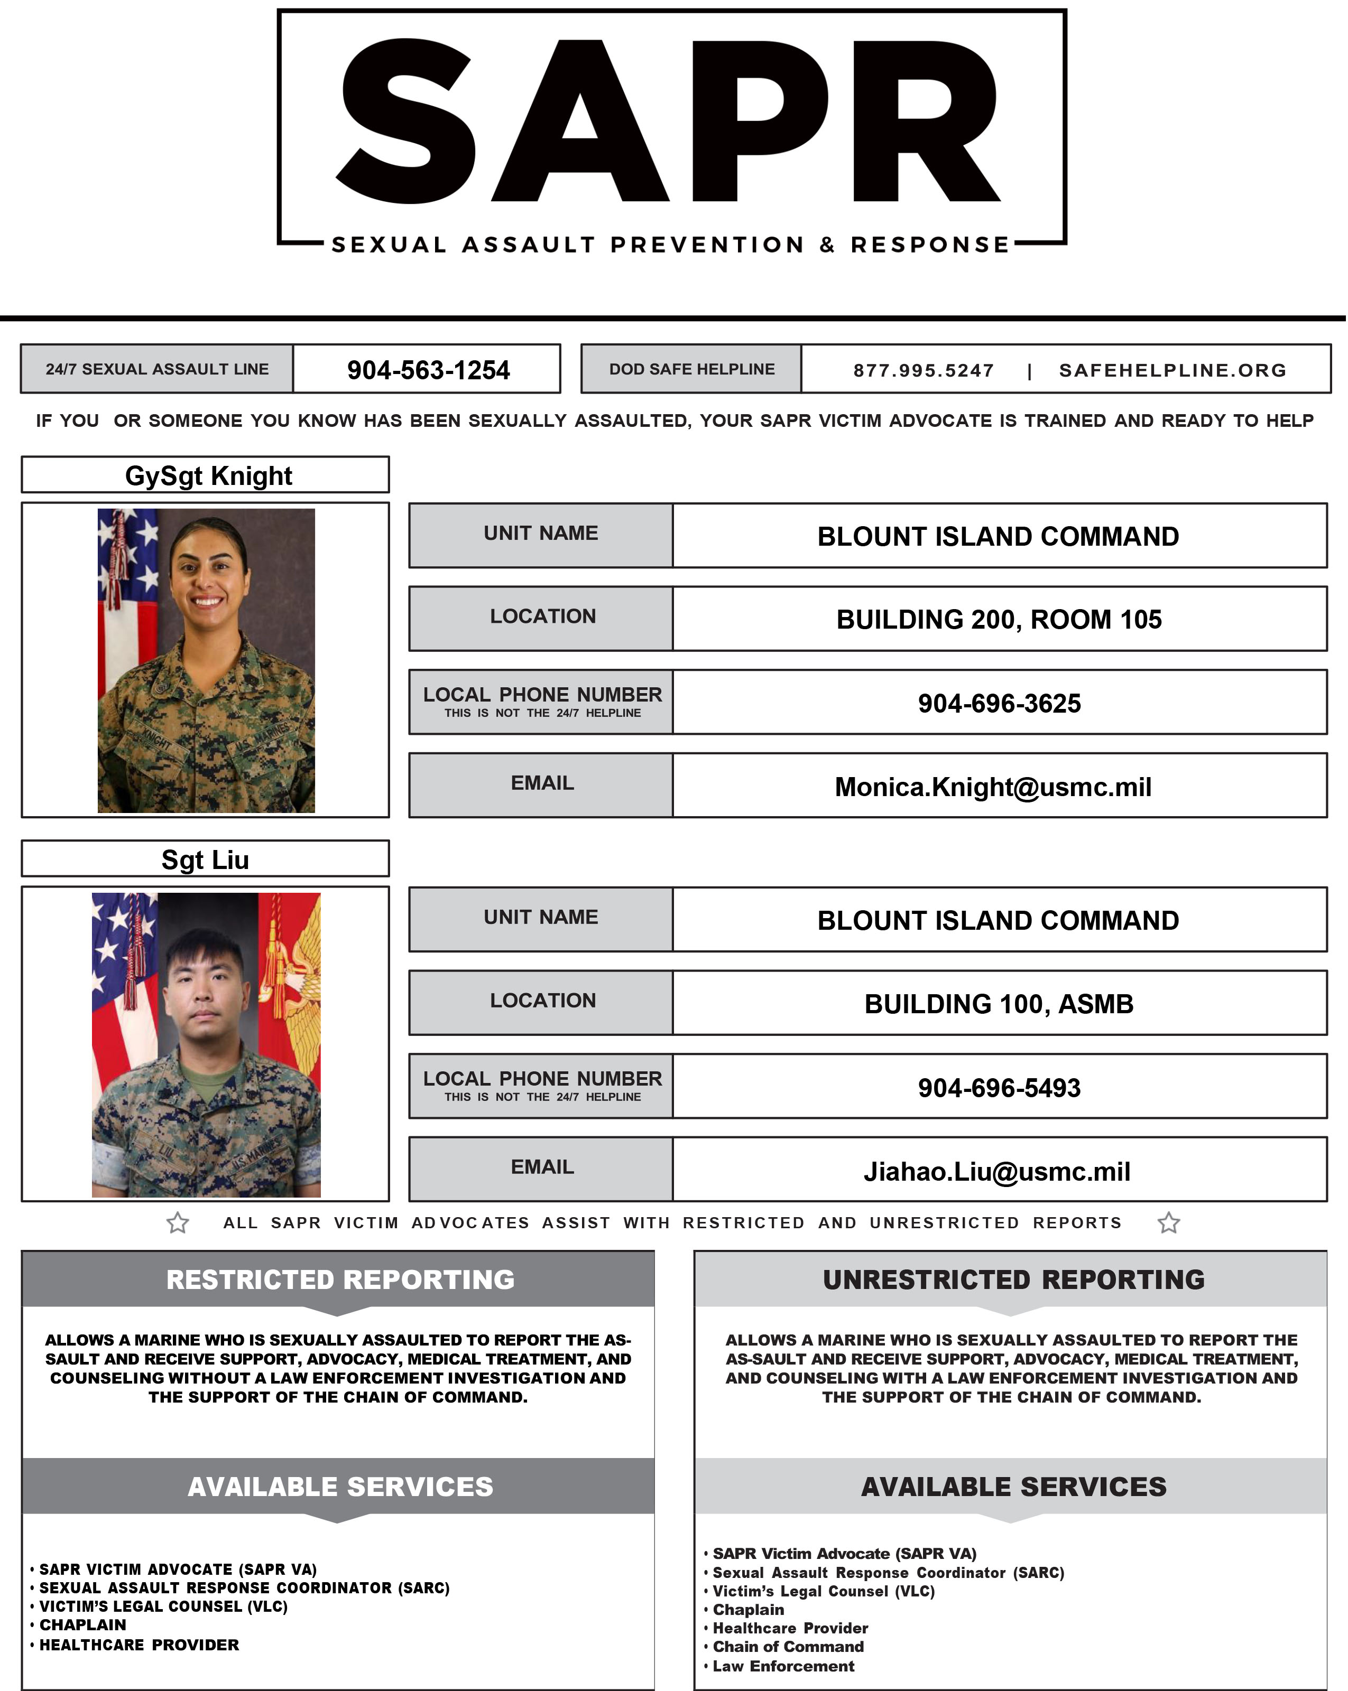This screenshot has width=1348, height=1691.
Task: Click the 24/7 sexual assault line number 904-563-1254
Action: [x=428, y=369]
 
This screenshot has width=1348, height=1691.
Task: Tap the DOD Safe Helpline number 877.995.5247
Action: [x=923, y=370]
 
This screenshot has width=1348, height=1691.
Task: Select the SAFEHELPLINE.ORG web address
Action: [x=1172, y=370]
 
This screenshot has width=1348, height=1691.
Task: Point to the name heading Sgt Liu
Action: [x=205, y=859]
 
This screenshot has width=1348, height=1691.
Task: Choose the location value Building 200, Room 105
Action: [x=998, y=620]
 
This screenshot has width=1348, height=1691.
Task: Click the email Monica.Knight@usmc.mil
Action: [x=993, y=787]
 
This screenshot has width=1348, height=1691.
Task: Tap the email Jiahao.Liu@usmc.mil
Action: [x=996, y=1172]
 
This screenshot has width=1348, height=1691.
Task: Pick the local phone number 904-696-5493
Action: [x=999, y=1088]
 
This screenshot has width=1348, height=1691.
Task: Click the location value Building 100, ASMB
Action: [x=998, y=1004]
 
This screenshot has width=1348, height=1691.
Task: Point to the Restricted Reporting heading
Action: [x=340, y=1280]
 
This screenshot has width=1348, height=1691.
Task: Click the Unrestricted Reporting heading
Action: [x=1013, y=1280]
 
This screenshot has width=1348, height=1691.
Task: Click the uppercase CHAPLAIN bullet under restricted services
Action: [x=82, y=1625]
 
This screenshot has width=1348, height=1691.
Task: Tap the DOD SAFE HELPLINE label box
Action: [x=691, y=369]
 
